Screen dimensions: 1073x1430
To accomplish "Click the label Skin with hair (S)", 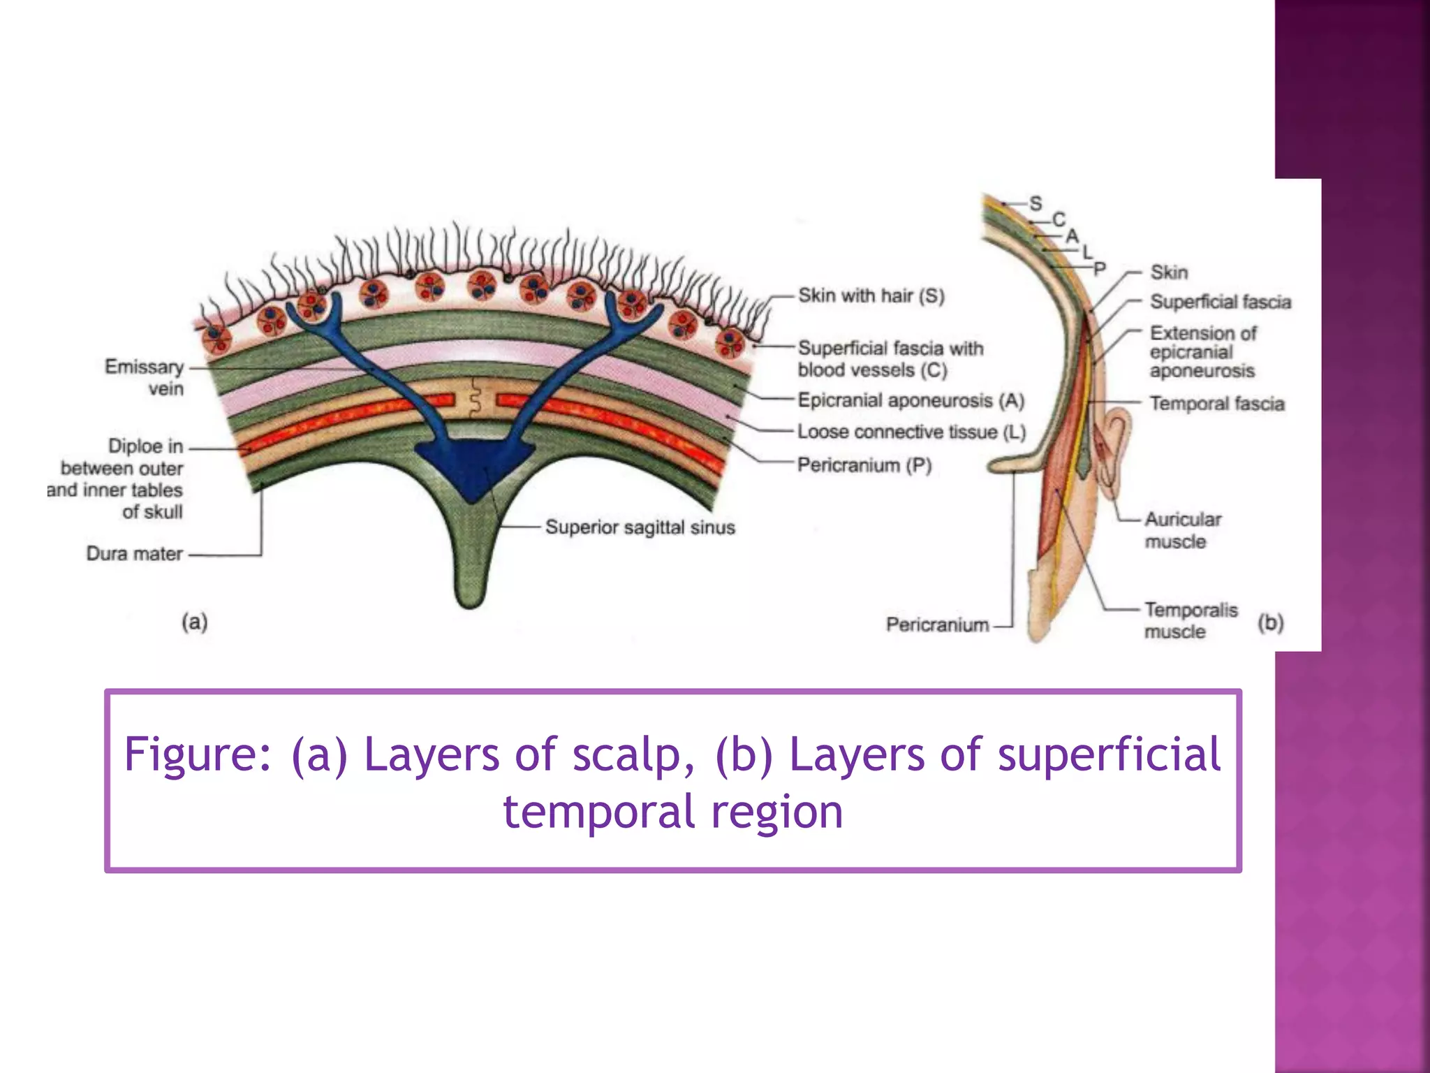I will pyautogui.click(x=871, y=296).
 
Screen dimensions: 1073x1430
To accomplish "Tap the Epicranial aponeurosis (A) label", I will pyautogui.click(x=911, y=401).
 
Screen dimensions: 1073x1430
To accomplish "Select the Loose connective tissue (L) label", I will pyautogui.click(x=911, y=432).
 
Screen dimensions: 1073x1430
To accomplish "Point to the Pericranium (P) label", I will pyautogui.click(x=864, y=465).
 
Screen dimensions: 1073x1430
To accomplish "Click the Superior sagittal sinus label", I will pyautogui.click(x=640, y=527).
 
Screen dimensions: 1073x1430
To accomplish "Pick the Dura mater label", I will pyautogui.click(x=134, y=554).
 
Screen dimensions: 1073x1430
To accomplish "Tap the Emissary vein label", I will pyautogui.click(x=145, y=377).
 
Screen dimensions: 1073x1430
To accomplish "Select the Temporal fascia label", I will pyautogui.click(x=1216, y=404).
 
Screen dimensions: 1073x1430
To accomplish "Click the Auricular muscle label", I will pyautogui.click(x=1182, y=530).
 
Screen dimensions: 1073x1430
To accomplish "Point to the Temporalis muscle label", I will pyautogui.click(x=1190, y=620).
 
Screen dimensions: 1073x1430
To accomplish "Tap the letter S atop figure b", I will pyautogui.click(x=1035, y=203).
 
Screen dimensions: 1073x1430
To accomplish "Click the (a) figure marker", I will pyautogui.click(x=195, y=622).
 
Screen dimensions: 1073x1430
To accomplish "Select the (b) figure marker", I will pyautogui.click(x=1270, y=622).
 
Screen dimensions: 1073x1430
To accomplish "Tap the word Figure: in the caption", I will pyautogui.click(x=197, y=755).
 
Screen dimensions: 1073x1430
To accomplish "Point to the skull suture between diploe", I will pyautogui.click(x=476, y=398).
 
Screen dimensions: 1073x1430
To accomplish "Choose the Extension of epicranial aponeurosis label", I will pyautogui.click(x=1202, y=352).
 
